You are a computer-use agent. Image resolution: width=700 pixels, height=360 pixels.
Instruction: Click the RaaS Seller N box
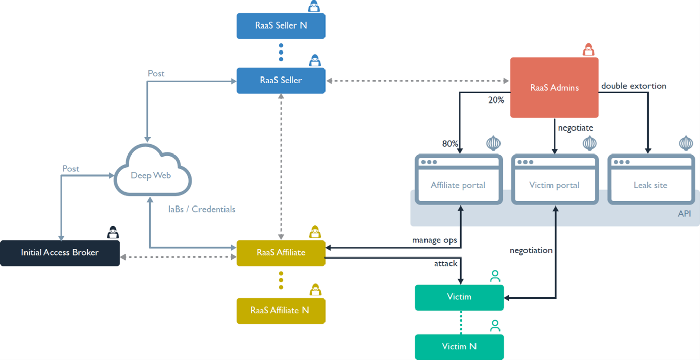(x=281, y=25)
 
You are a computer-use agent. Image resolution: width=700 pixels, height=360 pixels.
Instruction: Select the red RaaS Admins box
(x=554, y=88)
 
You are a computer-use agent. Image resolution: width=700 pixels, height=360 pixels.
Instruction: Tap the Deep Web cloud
(x=151, y=175)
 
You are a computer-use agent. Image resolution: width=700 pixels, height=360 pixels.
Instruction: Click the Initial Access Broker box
(x=60, y=253)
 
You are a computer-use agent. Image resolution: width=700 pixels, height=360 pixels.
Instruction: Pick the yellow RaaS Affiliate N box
(x=281, y=311)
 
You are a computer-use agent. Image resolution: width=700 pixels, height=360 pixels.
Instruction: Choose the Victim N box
(x=459, y=347)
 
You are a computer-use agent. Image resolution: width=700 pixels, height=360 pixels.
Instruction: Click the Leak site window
(x=651, y=185)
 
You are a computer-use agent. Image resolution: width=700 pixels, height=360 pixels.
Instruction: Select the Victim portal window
(x=554, y=185)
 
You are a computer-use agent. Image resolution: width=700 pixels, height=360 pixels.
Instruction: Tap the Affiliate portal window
(x=458, y=185)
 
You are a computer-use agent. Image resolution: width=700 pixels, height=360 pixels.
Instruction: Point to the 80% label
(x=449, y=144)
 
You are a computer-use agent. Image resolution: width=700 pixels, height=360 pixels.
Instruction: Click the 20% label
(x=496, y=100)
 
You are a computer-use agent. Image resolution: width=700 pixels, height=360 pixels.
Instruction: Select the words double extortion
(x=633, y=86)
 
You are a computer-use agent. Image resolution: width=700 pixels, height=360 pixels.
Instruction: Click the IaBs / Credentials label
(x=202, y=209)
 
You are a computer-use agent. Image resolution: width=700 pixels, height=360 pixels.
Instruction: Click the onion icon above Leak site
(x=686, y=144)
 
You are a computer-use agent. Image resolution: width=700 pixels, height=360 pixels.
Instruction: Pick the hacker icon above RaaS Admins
(x=589, y=49)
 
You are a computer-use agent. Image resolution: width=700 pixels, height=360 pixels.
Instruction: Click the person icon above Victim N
(x=495, y=326)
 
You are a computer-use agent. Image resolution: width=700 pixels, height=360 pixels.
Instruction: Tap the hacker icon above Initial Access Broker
(x=113, y=233)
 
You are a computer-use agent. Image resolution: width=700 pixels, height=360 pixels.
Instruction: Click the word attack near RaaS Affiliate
(x=445, y=264)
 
